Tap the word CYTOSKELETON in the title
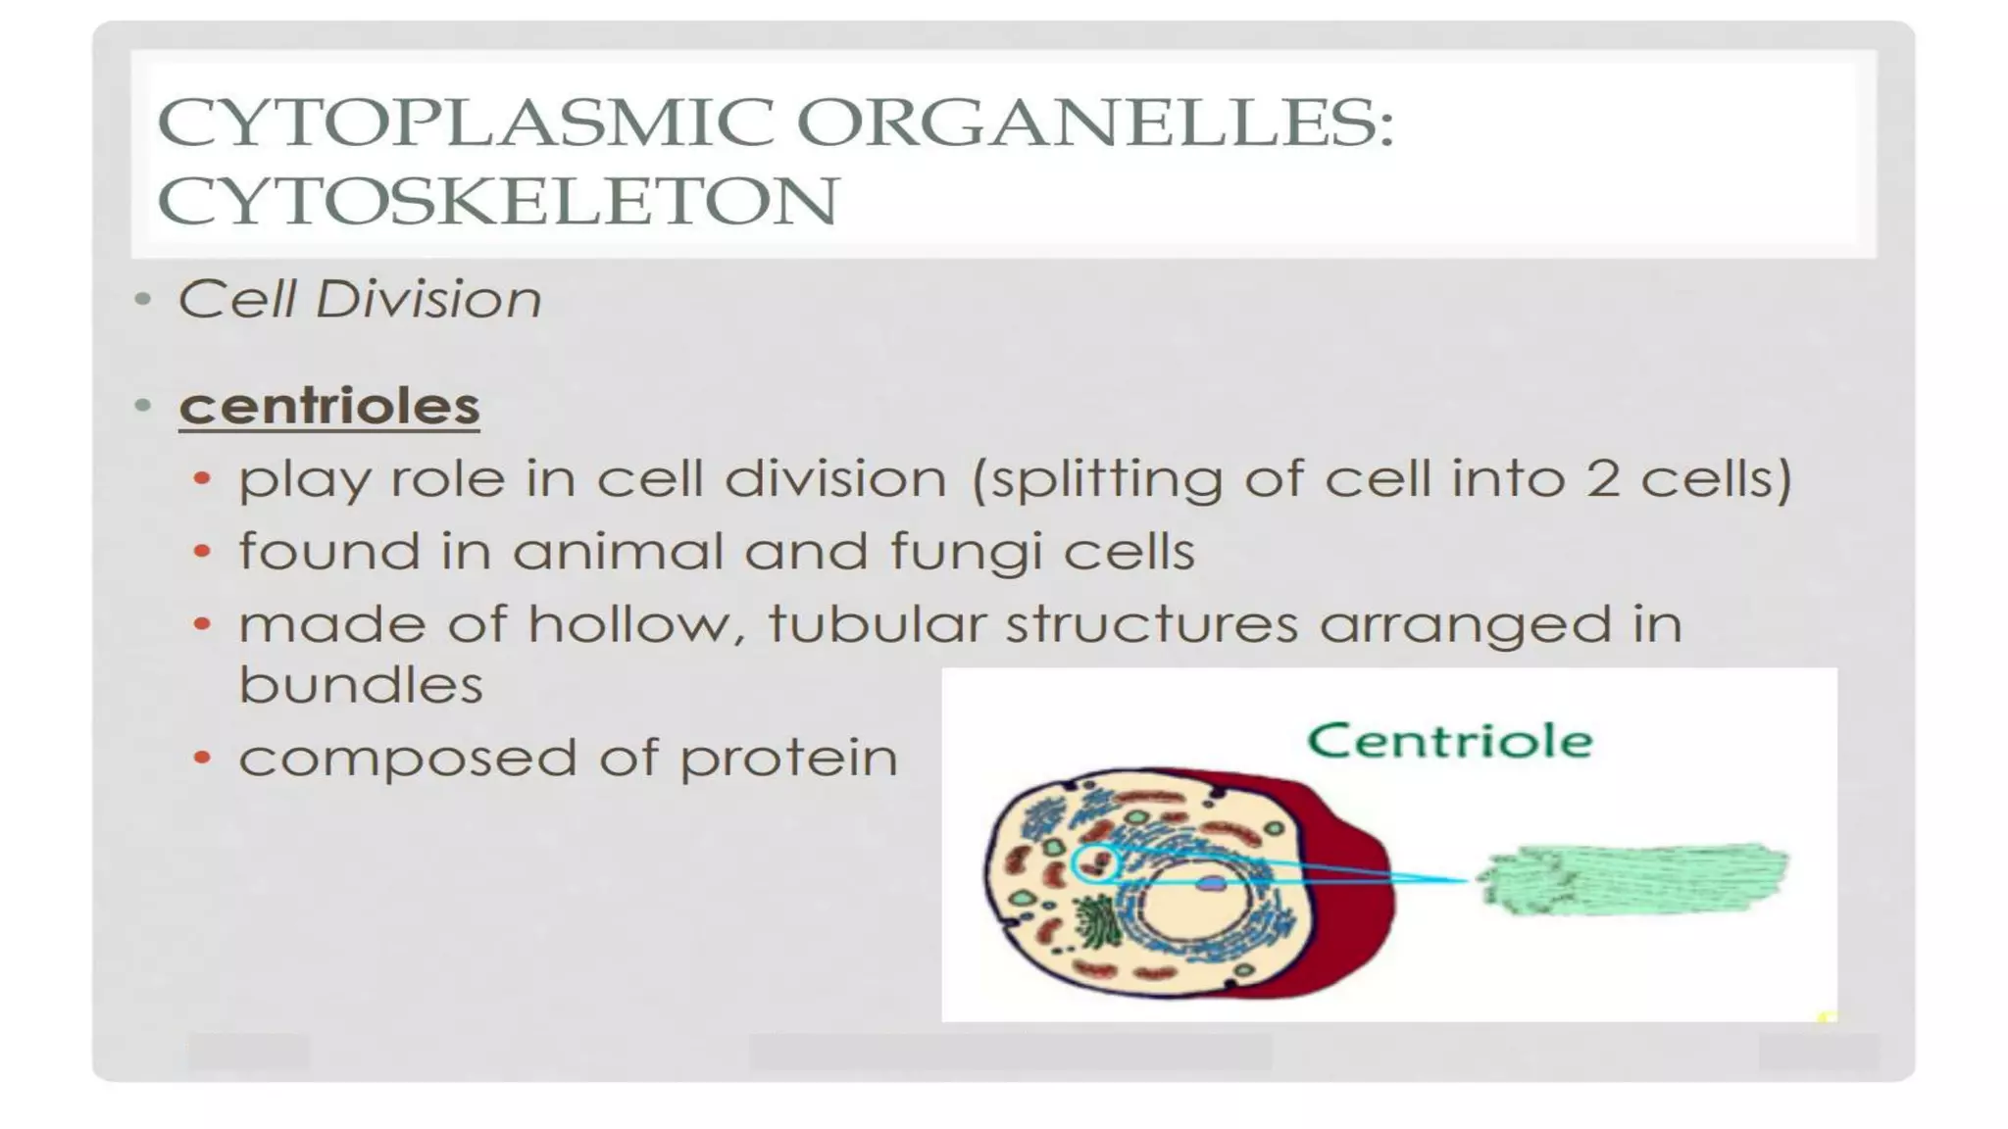coord(498,201)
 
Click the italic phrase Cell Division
coord(359,299)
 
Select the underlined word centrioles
coord(329,406)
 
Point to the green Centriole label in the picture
coord(1449,741)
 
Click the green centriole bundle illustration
coord(1633,879)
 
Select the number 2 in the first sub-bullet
coord(1602,479)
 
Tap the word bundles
coord(361,684)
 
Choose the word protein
coord(788,759)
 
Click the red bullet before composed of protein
coord(202,758)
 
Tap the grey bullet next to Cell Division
coord(143,299)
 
